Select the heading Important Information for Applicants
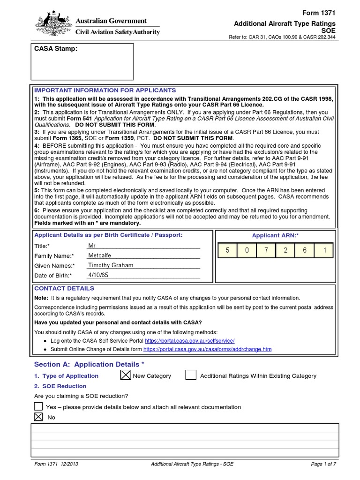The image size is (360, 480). [105, 90]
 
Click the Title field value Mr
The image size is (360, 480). [92, 246]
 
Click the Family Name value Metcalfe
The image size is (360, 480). [101, 255]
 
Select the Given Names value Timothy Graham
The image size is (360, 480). [111, 265]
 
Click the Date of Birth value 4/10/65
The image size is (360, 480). [98, 275]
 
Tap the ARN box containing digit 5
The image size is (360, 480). [227, 250]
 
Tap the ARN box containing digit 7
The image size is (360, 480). [266, 250]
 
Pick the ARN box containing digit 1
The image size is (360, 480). [323, 250]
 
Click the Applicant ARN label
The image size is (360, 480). [275, 235]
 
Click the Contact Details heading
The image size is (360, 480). [64, 288]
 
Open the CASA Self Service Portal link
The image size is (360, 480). [189, 341]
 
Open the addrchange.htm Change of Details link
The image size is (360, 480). [207, 349]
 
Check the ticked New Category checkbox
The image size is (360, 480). [126, 375]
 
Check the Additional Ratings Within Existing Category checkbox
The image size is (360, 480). [190, 375]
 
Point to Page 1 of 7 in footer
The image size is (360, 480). [323, 464]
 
